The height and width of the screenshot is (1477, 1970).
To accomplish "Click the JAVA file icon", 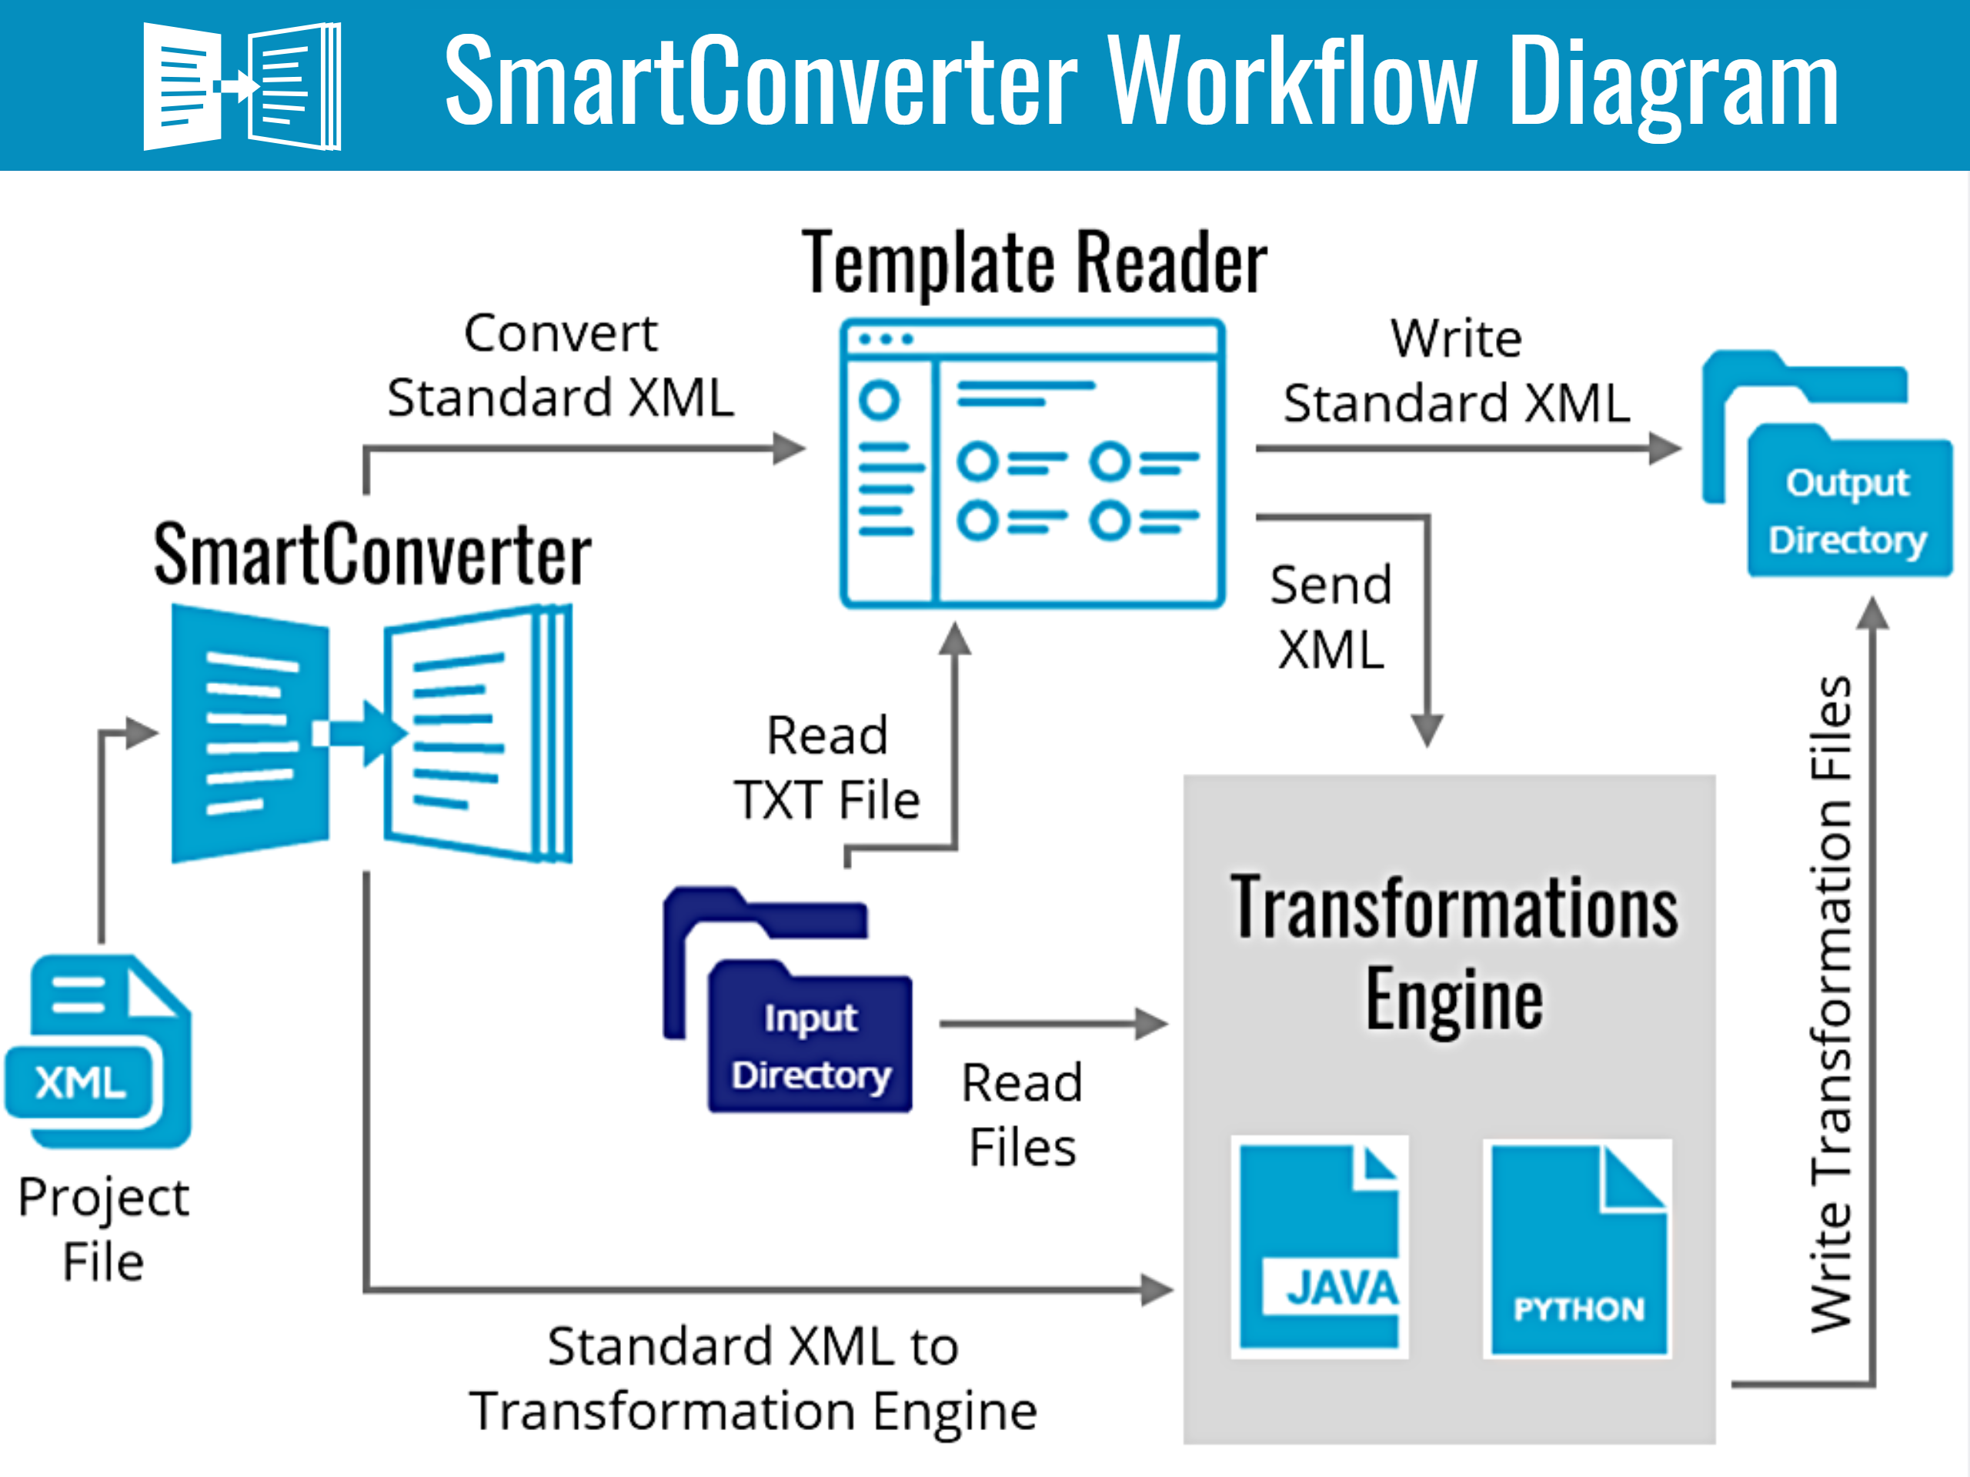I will tap(1319, 1246).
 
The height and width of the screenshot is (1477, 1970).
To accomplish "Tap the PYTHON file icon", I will tap(1578, 1249).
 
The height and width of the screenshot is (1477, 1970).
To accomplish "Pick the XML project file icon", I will tap(98, 1052).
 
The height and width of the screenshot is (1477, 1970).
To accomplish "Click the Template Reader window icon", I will tap(1032, 463).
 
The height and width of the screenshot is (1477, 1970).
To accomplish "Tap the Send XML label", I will tap(1331, 617).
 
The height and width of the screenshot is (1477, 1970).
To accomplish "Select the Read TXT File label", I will tap(826, 768).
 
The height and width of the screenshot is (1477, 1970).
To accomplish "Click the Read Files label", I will tap(1023, 1115).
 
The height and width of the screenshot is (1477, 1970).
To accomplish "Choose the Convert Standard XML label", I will tap(560, 365).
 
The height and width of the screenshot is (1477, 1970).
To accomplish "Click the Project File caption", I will tap(103, 1229).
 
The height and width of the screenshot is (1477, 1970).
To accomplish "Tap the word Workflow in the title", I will tap(1291, 82).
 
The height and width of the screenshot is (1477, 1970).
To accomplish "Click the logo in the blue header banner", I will tap(242, 86).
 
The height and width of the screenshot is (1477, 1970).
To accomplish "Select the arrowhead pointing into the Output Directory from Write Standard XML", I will tap(1664, 448).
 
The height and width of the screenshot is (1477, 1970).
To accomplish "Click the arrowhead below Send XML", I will tap(1427, 730).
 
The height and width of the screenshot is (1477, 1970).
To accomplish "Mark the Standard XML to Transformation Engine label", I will tap(753, 1379).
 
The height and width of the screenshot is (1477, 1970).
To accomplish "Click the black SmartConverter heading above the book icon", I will tap(372, 555).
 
